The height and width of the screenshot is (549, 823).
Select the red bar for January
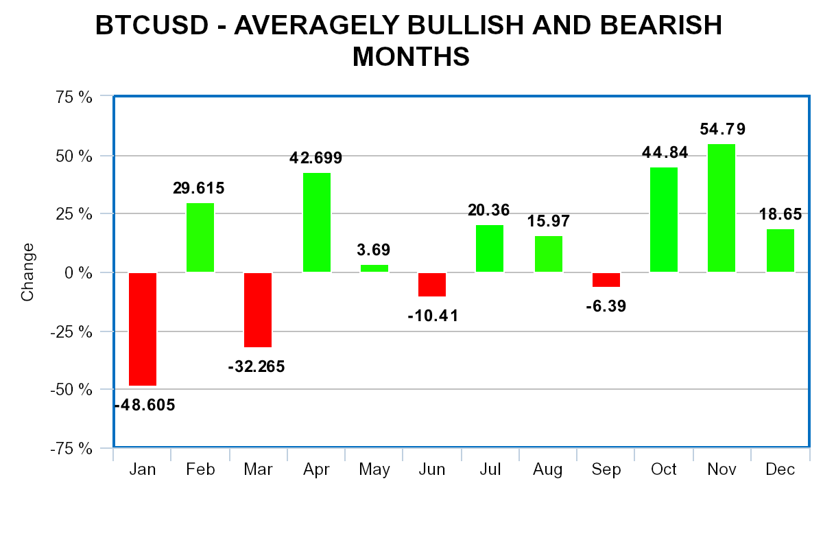[x=143, y=329]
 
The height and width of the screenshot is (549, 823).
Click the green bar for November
[x=721, y=208]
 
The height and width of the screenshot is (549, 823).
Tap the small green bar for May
[x=374, y=268]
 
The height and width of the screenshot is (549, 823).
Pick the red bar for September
[x=606, y=279]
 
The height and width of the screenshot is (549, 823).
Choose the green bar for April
[x=317, y=222]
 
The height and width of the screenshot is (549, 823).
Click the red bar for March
[x=258, y=309]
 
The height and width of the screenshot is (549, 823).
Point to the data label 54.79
[x=721, y=129]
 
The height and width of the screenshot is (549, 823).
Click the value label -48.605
[x=145, y=405]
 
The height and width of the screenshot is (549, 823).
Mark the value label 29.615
[x=198, y=188]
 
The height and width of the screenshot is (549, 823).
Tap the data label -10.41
[x=432, y=316]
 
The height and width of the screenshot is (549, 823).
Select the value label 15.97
[x=549, y=222]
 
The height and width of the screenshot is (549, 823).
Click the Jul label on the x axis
[x=490, y=469]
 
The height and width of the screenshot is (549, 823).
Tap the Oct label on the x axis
[x=664, y=469]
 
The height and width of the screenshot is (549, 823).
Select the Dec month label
[x=780, y=469]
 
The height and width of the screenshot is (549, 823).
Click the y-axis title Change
[x=27, y=272]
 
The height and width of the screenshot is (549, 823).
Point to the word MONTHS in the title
[x=411, y=57]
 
